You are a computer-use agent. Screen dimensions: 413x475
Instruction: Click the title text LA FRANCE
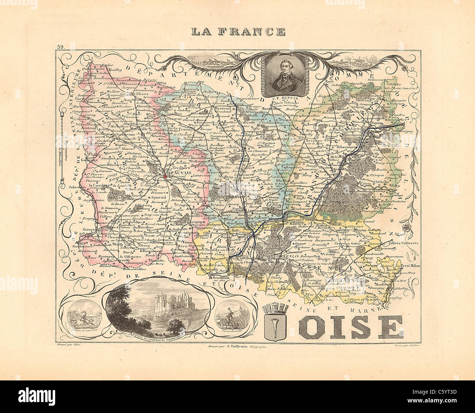(x=238, y=31)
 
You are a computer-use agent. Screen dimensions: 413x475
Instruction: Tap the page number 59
(x=60, y=47)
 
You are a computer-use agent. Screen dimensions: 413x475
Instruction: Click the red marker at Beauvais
(x=165, y=176)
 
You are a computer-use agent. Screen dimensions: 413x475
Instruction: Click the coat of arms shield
(x=278, y=324)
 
